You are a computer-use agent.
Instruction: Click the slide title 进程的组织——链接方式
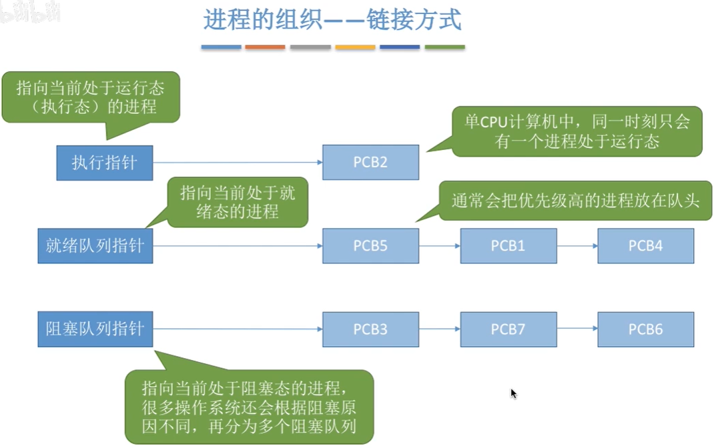[332, 21]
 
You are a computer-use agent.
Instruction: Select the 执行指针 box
[104, 163]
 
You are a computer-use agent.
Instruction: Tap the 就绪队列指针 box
[95, 245]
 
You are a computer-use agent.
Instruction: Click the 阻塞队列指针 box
[95, 329]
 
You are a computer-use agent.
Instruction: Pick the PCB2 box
[370, 163]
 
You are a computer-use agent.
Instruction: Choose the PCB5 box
[370, 245]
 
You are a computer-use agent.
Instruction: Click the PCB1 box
[508, 245]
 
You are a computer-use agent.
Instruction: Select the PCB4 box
[645, 245]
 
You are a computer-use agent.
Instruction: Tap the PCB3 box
[370, 329]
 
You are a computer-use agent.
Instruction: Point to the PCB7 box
[508, 329]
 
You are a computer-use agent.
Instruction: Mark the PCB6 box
[645, 329]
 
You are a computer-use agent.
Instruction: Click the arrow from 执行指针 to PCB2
[237, 163]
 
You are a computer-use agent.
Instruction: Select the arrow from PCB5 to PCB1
[439, 245]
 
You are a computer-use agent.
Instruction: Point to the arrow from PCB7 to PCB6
[577, 329]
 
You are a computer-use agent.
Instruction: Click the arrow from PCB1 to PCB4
[577, 245]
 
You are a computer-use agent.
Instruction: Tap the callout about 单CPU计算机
[577, 131]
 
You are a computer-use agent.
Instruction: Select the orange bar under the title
[265, 47]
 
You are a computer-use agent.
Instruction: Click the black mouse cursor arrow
[514, 394]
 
